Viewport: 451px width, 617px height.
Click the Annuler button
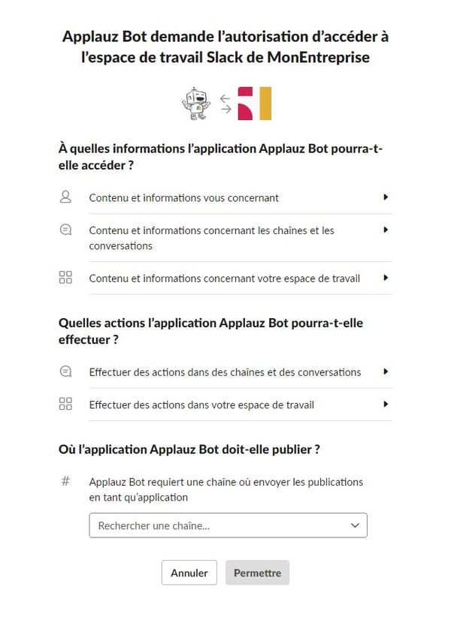click(189, 573)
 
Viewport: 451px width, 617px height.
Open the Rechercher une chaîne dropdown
click(228, 525)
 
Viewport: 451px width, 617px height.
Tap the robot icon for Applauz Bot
click(196, 104)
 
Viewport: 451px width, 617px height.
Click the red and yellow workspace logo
click(255, 104)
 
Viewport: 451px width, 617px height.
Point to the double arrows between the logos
click(225, 104)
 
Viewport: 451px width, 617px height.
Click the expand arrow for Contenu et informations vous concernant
click(386, 197)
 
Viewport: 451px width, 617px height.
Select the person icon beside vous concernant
click(65, 197)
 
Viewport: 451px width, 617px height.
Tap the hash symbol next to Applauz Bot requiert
click(65, 481)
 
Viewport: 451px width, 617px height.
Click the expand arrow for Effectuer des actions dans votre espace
click(386, 404)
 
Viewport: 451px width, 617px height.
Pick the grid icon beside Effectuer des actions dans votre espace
click(65, 404)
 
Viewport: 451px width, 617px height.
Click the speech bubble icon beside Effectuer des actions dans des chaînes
click(65, 372)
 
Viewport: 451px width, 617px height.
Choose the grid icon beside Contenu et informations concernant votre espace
click(65, 278)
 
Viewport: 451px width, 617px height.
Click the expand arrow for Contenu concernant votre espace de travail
click(386, 278)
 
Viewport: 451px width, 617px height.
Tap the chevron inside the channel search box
click(356, 525)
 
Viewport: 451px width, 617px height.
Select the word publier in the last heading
click(290, 449)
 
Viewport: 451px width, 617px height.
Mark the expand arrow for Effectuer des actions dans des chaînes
click(386, 372)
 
